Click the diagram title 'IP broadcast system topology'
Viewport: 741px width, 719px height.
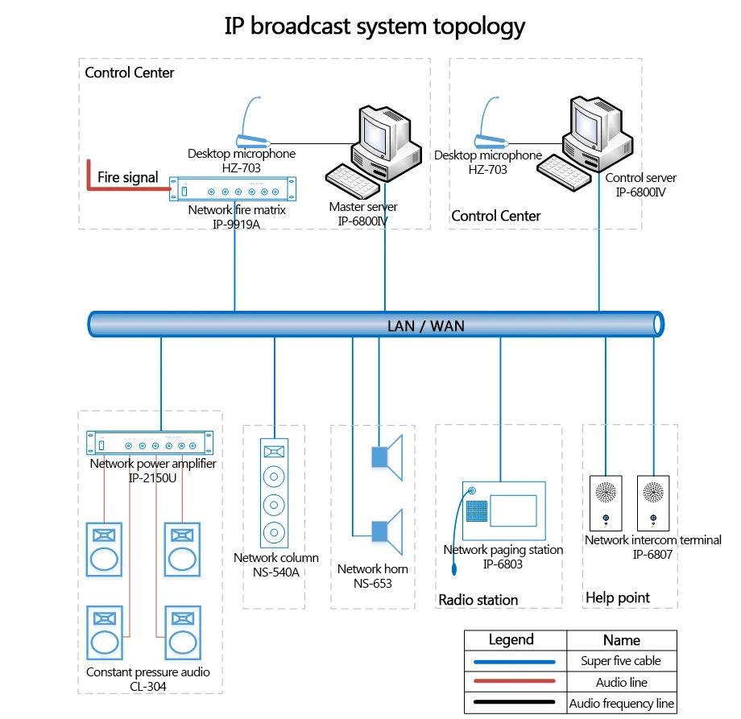tap(375, 27)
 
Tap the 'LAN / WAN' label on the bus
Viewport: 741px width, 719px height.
tap(426, 326)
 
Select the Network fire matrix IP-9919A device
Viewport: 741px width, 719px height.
tap(233, 189)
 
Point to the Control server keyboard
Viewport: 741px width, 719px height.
tap(564, 173)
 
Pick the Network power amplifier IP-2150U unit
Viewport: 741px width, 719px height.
tap(150, 443)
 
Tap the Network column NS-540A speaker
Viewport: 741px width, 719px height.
tap(274, 493)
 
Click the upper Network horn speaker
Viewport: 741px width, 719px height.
tap(387, 457)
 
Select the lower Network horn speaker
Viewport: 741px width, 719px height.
tap(387, 531)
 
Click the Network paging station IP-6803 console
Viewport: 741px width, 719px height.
tap(503, 510)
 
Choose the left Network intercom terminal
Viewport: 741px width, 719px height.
tap(606, 503)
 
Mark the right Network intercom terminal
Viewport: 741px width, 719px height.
tap(653, 503)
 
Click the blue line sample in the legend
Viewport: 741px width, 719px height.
tap(515, 662)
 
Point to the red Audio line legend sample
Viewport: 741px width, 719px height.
tap(515, 680)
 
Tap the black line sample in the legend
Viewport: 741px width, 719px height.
tap(515, 701)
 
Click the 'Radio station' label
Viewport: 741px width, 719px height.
tap(478, 600)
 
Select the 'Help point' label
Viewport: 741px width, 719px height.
tap(618, 598)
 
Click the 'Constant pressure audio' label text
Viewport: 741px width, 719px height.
tap(148, 671)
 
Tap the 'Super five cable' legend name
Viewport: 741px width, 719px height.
tap(621, 661)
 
